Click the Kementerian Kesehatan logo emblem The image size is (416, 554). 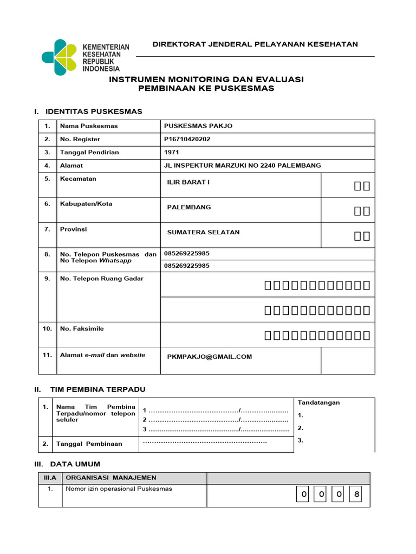[x=60, y=57]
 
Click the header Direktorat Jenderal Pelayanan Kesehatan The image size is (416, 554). [x=255, y=44]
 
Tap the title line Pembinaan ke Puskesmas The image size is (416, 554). [x=206, y=89]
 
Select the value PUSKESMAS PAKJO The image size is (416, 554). [x=198, y=126]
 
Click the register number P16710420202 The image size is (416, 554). [x=187, y=139]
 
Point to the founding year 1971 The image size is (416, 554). [x=171, y=153]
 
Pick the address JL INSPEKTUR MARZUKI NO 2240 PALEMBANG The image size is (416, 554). [x=242, y=166]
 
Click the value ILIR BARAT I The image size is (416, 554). [x=188, y=182]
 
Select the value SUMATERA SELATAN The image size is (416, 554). [x=203, y=233]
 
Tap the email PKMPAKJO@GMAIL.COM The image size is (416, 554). [x=210, y=357]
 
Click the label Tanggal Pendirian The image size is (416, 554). [x=89, y=153]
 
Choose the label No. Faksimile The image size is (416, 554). [x=82, y=329]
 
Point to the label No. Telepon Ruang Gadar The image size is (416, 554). [x=102, y=279]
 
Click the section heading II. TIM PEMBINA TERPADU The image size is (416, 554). [x=97, y=390]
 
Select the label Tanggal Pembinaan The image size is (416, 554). [x=89, y=444]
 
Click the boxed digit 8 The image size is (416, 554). [x=355, y=494]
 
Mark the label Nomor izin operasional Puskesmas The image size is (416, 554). [x=119, y=489]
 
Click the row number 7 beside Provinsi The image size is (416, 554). [x=47, y=229]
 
